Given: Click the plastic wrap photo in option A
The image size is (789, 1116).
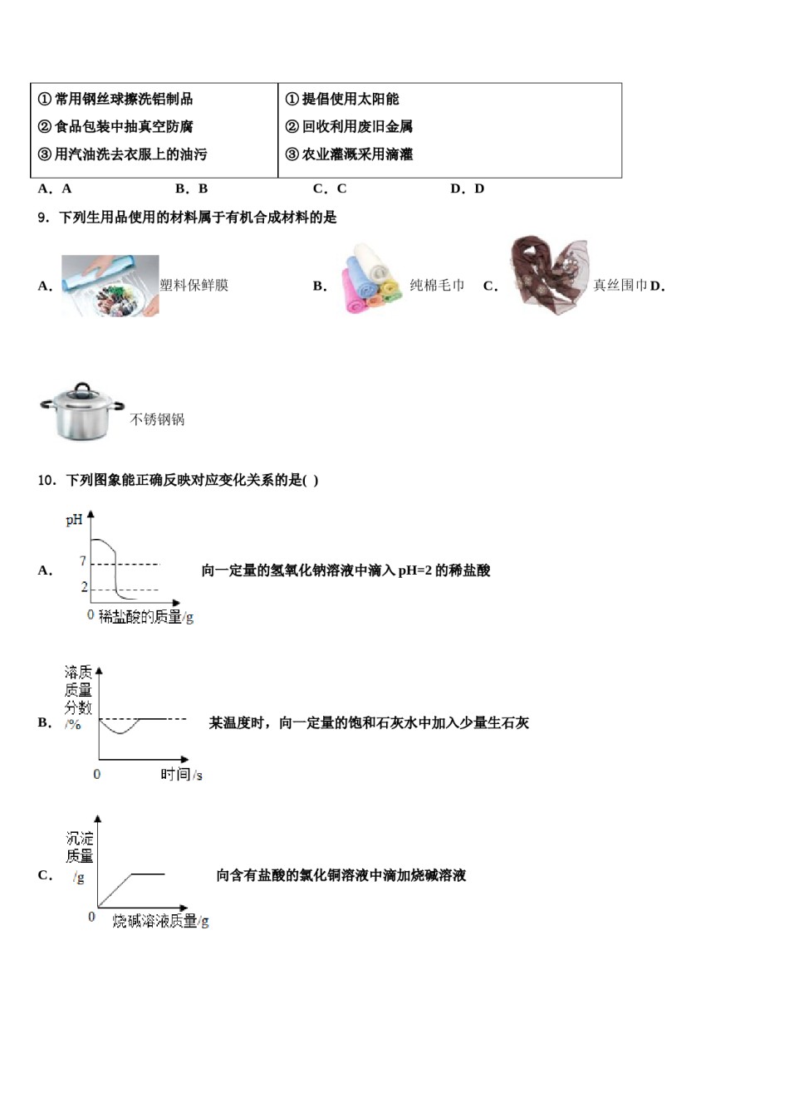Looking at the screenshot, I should point(110,286).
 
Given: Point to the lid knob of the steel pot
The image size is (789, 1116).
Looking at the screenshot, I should point(81,387).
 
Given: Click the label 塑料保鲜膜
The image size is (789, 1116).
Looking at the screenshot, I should point(194,286).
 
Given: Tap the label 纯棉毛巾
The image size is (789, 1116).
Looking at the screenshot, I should point(437,286).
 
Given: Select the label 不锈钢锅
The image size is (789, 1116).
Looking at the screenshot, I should point(157,420).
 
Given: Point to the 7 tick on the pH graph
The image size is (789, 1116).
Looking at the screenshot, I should point(83,562).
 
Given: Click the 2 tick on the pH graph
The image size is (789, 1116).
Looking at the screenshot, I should point(84,587).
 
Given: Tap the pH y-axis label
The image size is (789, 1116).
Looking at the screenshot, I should point(74,521).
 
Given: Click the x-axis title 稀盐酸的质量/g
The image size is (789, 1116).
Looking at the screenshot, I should point(146,617).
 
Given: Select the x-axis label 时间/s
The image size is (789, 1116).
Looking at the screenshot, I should point(181,775).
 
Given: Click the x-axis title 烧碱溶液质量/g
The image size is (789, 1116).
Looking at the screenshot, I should point(160,921).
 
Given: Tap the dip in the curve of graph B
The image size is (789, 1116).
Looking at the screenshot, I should point(120,732).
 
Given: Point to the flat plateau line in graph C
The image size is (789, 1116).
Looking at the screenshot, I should point(148,874).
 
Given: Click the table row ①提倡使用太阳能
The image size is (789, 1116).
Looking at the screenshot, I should point(342,100).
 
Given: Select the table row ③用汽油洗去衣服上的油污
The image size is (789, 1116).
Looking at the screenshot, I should point(122,154).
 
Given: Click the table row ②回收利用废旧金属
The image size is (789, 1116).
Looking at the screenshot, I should point(349,127).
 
